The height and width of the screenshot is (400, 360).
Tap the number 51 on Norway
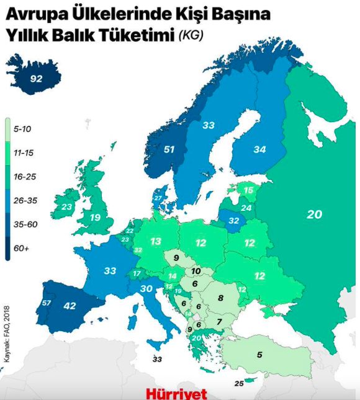(x=169, y=149)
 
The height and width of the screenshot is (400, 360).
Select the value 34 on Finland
(x=259, y=149)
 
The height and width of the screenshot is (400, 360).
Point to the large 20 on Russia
(x=315, y=214)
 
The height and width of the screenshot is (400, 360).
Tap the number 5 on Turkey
(x=259, y=355)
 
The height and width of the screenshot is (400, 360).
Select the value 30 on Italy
(x=147, y=288)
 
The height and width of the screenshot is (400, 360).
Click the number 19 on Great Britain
(x=95, y=218)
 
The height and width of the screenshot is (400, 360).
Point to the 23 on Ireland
(x=66, y=207)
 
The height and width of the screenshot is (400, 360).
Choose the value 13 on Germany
(x=156, y=241)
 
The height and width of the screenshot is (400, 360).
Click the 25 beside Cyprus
(x=239, y=384)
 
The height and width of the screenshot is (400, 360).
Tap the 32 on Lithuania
(x=234, y=220)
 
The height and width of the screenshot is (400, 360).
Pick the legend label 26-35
(x=26, y=200)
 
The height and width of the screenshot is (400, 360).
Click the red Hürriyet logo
(x=176, y=393)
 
